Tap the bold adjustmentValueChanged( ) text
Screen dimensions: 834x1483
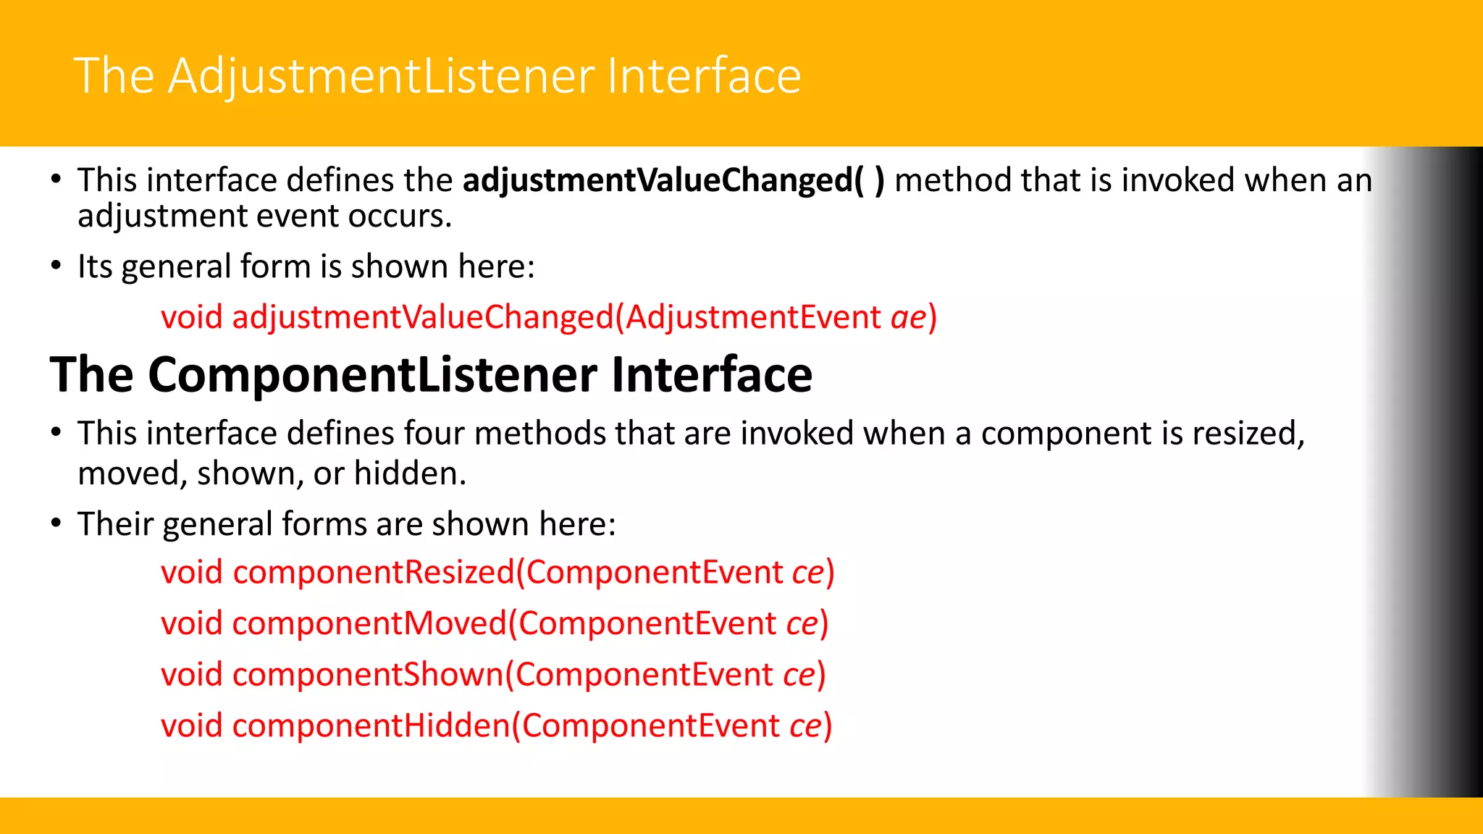673,180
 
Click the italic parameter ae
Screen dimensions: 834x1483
908,317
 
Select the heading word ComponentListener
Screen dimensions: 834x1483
374,375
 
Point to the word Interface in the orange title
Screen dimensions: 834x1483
704,76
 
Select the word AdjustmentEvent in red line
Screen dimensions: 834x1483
753,317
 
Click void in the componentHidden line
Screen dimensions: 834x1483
191,726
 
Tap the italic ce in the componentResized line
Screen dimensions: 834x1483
807,573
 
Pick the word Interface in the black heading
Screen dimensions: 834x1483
711,375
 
